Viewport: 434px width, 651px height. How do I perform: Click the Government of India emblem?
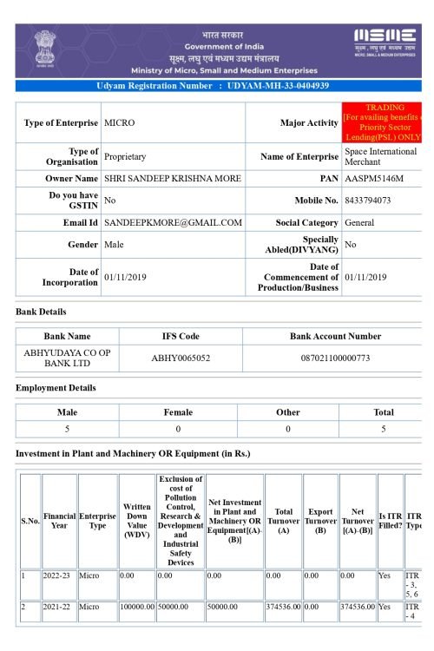click(x=44, y=49)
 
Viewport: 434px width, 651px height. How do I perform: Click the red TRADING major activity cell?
click(x=382, y=122)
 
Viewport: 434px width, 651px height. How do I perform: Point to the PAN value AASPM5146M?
click(x=374, y=179)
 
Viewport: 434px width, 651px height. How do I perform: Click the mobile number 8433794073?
click(x=368, y=201)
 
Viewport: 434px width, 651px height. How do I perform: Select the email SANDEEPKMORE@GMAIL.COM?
click(x=173, y=223)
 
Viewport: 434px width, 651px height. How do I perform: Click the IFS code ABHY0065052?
click(x=181, y=358)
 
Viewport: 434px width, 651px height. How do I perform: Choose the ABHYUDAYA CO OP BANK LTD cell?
click(x=67, y=358)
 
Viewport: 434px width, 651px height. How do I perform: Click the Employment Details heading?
click(x=56, y=388)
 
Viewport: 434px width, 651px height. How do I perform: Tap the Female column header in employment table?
click(x=178, y=412)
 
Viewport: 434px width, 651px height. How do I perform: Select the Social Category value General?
click(x=359, y=223)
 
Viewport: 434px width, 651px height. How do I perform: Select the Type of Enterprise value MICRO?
click(x=120, y=123)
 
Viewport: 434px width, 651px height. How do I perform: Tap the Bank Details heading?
click(x=41, y=312)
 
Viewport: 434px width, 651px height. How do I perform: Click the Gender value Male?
click(x=114, y=246)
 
